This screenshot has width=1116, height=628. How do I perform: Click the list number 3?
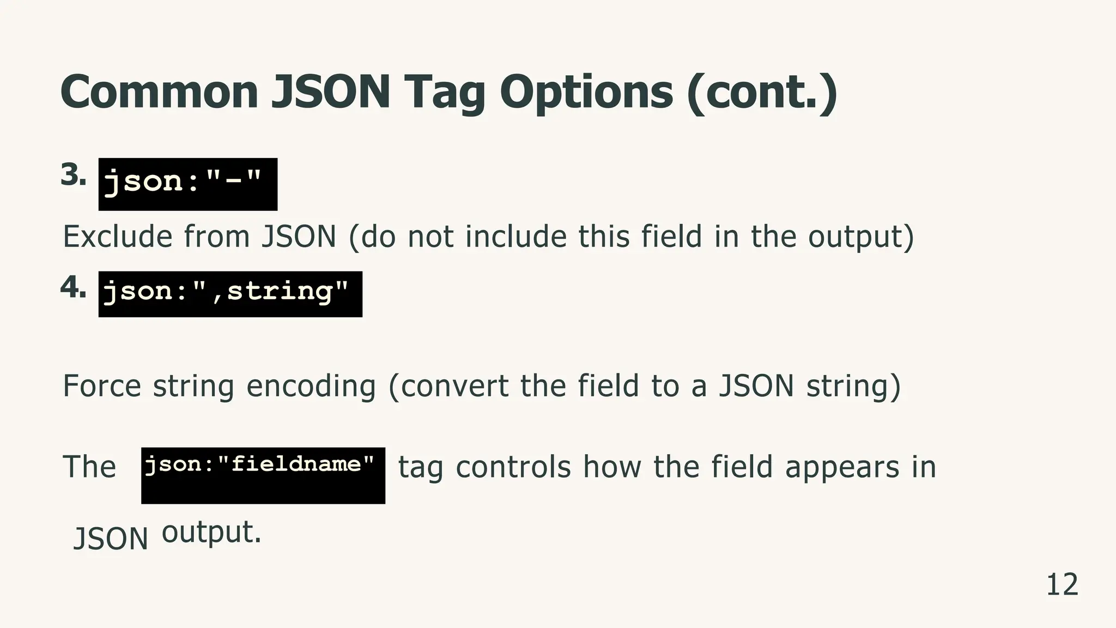point(73,176)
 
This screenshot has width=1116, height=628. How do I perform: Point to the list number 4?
point(73,287)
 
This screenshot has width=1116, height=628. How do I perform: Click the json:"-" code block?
point(187,184)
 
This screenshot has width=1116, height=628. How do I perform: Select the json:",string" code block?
point(230,293)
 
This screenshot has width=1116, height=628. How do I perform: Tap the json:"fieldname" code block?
point(263,475)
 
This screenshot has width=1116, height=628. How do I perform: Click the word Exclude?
point(117,237)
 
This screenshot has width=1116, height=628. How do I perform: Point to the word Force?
point(102,386)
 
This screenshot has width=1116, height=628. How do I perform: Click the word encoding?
point(311,386)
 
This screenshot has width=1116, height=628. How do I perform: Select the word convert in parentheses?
point(455,386)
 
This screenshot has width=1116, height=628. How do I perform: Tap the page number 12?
point(1062,585)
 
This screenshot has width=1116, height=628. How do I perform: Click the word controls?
point(513,467)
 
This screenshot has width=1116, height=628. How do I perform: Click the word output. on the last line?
point(211,532)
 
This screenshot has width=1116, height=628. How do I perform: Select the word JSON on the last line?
point(111,539)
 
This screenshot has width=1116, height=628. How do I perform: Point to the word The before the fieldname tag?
point(89,467)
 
